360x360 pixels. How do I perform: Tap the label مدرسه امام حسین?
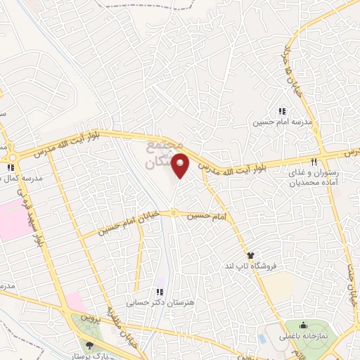click(281, 122)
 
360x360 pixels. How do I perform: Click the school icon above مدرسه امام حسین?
click(281, 111)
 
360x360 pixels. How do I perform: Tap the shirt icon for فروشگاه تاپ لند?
click(250, 254)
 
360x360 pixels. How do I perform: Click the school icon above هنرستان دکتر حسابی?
click(160, 292)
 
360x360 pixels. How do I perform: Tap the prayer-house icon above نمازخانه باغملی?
click(303, 325)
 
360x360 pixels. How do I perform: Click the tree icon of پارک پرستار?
click(89, 344)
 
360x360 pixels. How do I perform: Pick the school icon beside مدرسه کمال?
click(10, 167)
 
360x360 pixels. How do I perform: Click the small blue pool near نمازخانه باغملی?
click(262, 338)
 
